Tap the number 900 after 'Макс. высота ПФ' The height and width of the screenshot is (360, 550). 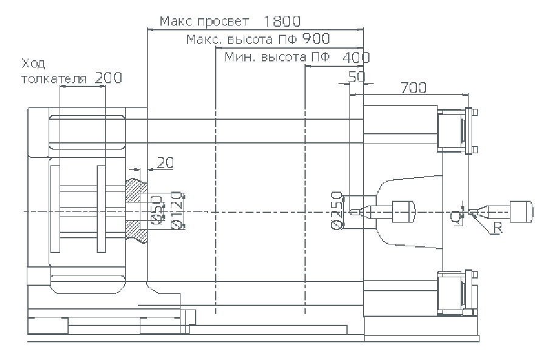316,40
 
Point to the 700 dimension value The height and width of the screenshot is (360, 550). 413,88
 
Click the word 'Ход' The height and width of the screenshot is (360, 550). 33,63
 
